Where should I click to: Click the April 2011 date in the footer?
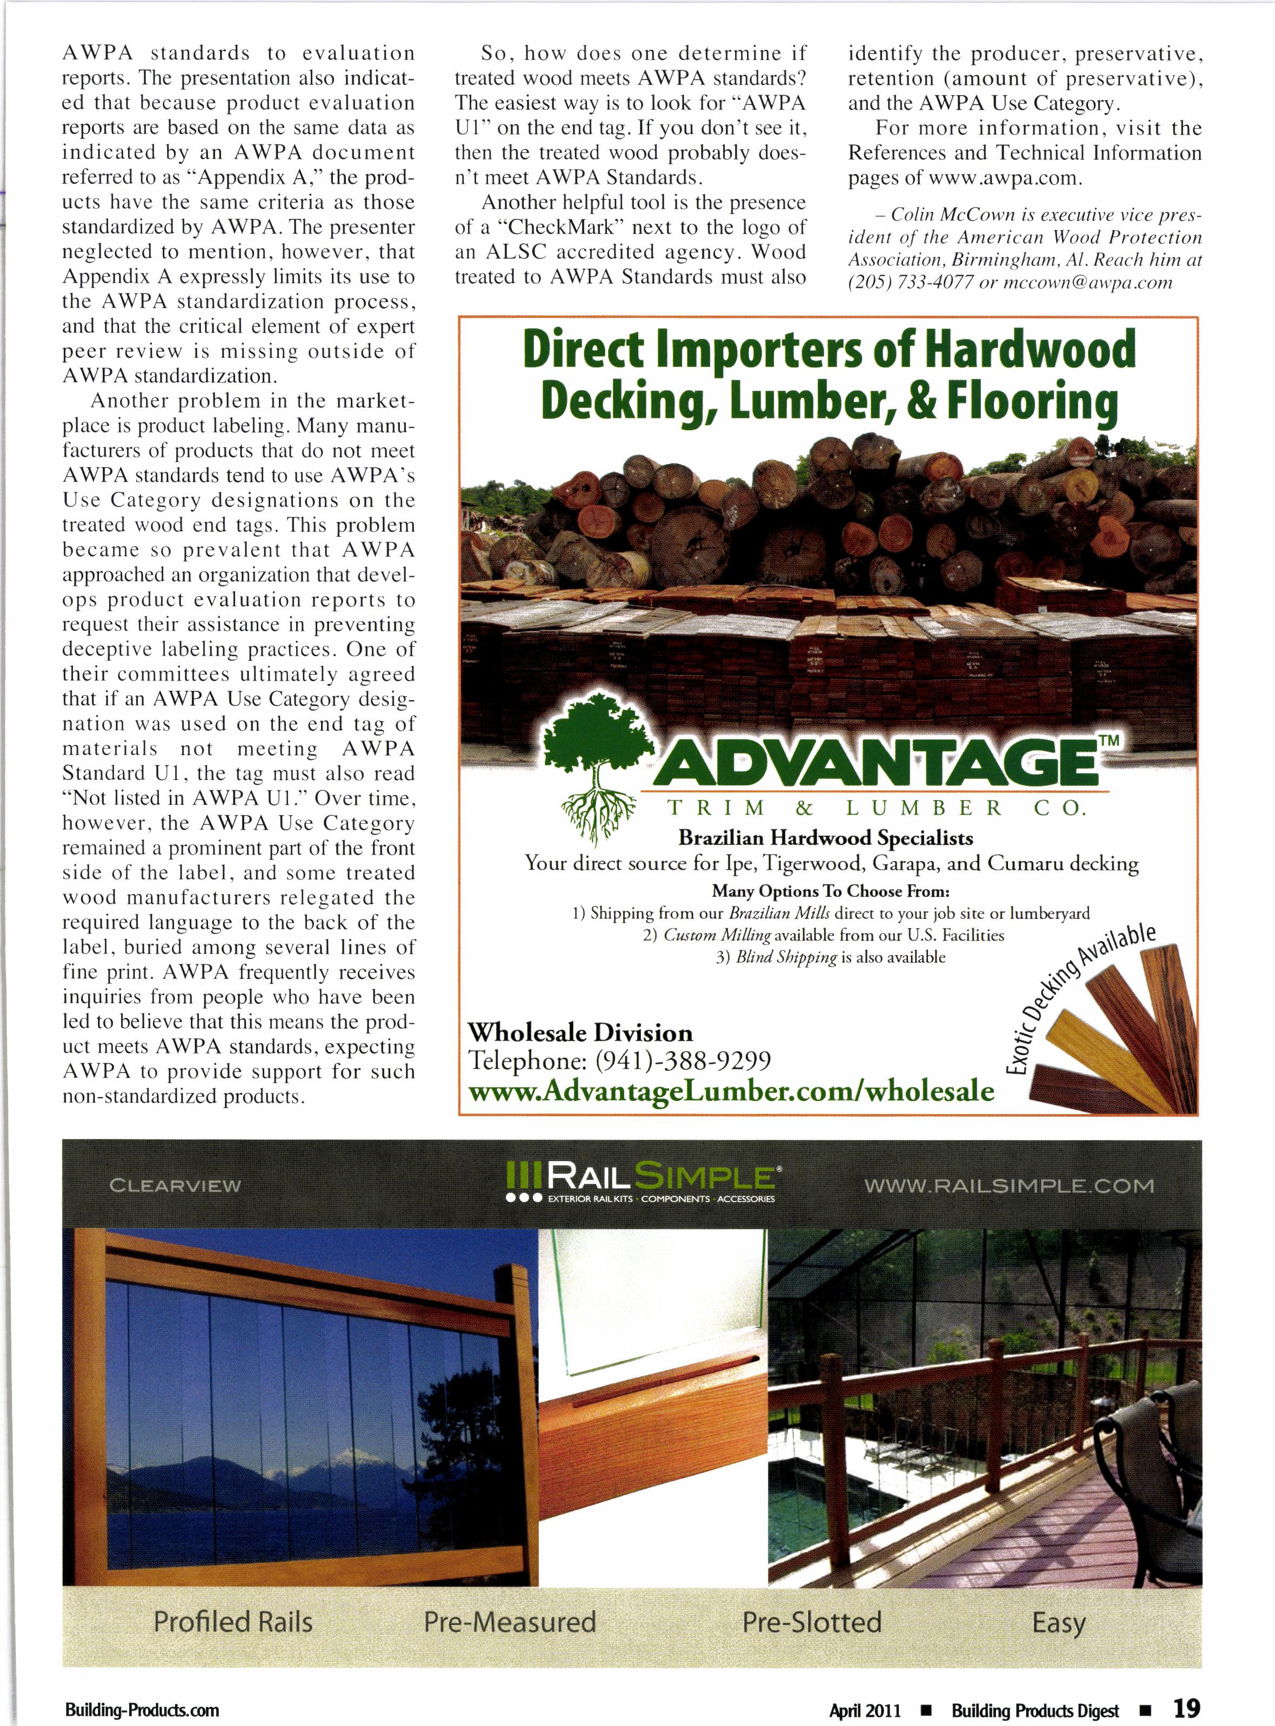(864, 1709)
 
